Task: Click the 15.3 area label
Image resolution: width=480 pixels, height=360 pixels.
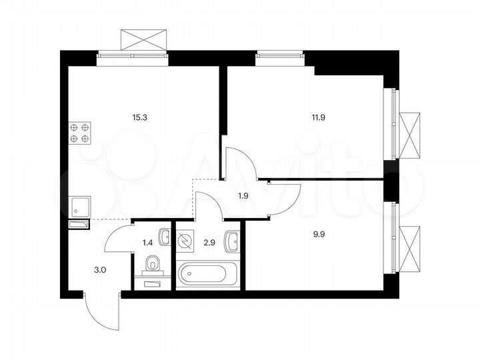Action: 140,117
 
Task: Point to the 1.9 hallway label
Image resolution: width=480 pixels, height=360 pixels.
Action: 244,195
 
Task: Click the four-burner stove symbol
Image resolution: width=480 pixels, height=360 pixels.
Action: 80,133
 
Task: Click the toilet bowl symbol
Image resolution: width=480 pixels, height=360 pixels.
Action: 154,265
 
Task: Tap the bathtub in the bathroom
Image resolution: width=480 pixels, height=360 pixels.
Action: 207,275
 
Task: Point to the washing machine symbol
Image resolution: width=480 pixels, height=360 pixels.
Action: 185,239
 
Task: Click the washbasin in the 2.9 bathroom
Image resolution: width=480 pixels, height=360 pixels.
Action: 233,241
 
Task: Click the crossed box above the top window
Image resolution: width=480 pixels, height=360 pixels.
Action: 143,39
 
